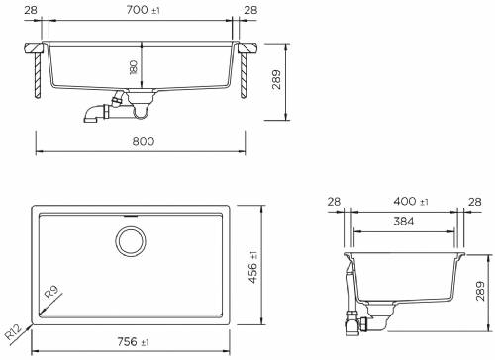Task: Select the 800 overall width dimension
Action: click(x=143, y=141)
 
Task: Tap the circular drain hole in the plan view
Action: click(x=130, y=240)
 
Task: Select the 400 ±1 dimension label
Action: click(x=406, y=202)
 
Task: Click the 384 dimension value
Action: click(x=403, y=223)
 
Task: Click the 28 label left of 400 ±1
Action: click(x=333, y=202)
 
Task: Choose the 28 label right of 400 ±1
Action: click(x=475, y=202)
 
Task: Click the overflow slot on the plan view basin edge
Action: click(x=130, y=213)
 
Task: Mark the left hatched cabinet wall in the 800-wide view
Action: click(x=37, y=75)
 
